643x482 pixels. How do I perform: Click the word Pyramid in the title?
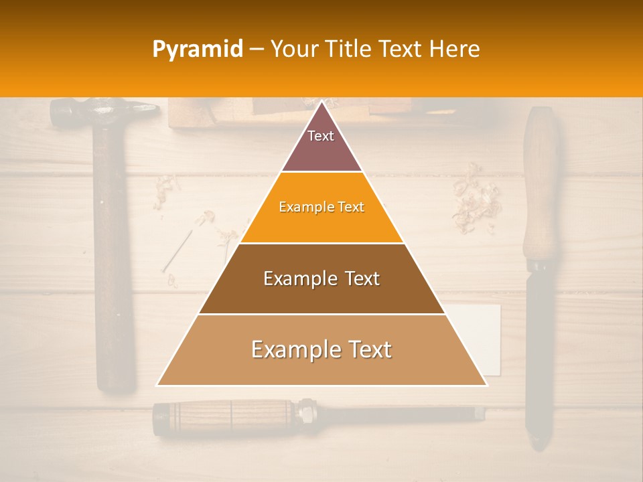point(197,50)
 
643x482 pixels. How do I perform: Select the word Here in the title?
point(455,50)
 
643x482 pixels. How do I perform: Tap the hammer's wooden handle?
point(114,268)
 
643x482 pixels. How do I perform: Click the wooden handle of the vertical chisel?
point(541,187)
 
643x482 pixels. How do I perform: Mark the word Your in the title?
point(293,50)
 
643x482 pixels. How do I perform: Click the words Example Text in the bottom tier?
point(321,350)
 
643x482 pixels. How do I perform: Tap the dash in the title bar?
point(257,50)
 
